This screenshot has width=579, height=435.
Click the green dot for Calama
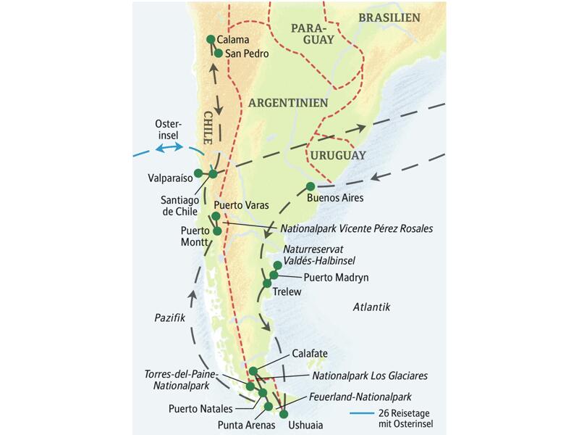click(211, 39)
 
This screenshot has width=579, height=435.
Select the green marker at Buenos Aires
click(310, 186)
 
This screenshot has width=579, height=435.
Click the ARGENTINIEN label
click(288, 103)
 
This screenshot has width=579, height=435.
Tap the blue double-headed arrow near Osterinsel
click(172, 148)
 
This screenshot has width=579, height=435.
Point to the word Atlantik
click(372, 307)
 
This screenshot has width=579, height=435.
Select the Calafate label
click(310, 354)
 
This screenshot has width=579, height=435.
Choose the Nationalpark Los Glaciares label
click(370, 376)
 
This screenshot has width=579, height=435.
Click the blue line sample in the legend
click(364, 415)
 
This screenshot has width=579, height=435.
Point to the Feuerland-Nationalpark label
click(360, 397)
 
